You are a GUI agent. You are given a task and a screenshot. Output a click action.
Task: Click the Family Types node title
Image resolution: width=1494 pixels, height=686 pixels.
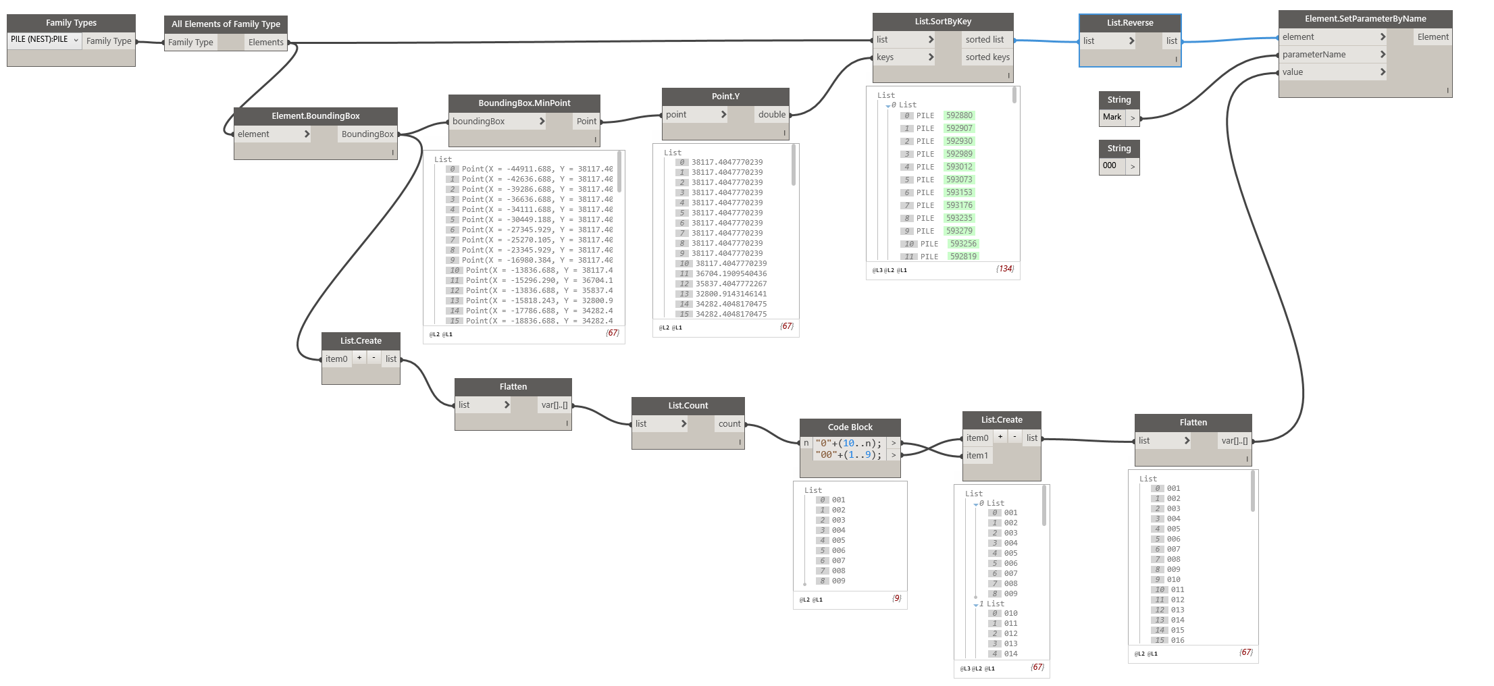71,23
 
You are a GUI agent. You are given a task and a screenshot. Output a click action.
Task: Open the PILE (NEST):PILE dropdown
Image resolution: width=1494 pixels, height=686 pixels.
45,40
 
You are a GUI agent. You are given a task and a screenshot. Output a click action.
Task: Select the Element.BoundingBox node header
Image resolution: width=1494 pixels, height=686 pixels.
315,116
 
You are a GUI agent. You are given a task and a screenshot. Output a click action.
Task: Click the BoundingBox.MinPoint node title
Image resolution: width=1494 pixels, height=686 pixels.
524,103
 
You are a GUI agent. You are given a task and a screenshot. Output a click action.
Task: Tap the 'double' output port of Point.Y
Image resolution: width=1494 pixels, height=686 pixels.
771,115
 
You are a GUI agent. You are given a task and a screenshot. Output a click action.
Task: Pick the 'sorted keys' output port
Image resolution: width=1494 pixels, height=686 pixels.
987,57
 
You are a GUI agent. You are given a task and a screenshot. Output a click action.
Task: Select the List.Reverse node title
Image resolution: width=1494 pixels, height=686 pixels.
1129,23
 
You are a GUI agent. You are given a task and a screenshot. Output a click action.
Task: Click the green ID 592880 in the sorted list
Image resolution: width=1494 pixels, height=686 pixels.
959,115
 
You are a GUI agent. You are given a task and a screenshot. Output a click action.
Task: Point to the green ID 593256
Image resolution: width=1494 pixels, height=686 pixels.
963,244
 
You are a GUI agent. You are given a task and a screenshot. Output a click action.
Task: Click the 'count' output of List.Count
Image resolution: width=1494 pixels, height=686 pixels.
729,424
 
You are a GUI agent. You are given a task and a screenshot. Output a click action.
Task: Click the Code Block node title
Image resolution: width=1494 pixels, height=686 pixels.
850,427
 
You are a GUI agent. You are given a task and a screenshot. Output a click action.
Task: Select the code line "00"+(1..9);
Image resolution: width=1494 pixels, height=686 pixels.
848,455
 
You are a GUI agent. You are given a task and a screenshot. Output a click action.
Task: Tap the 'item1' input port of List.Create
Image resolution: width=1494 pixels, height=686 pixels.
977,456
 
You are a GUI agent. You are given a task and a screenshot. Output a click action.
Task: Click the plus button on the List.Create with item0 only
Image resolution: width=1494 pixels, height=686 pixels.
359,358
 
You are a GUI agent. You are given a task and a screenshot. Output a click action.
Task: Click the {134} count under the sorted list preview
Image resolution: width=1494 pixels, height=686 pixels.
1005,269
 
